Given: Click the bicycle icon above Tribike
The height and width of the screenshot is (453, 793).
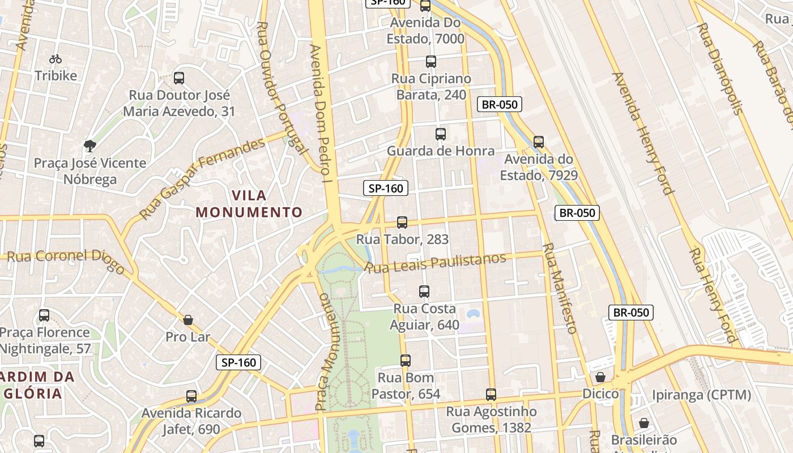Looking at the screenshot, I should pyautogui.click(x=56, y=59).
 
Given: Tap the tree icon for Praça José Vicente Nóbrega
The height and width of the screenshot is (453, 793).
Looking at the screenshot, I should pyautogui.click(x=89, y=146).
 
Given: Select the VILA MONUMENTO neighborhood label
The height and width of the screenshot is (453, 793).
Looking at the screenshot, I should pyautogui.click(x=249, y=204).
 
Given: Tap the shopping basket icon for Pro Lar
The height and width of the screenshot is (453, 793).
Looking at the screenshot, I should pyautogui.click(x=188, y=320).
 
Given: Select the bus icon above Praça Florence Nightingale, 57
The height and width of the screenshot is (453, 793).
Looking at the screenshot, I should pyautogui.click(x=44, y=315).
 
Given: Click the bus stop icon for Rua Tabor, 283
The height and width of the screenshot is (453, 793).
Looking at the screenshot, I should pyautogui.click(x=402, y=223).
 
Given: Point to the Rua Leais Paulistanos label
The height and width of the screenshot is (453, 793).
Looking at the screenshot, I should pyautogui.click(x=436, y=263).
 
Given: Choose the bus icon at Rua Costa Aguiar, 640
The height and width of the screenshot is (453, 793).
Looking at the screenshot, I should pyautogui.click(x=424, y=292).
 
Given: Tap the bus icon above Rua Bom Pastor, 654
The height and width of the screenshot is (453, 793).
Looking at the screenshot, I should pyautogui.click(x=406, y=361).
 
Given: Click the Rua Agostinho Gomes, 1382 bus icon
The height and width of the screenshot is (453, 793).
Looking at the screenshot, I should pyautogui.click(x=491, y=395).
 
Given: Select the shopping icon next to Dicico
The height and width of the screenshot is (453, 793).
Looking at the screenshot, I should pyautogui.click(x=600, y=377).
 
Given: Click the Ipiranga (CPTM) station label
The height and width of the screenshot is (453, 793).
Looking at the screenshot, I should pyautogui.click(x=701, y=395).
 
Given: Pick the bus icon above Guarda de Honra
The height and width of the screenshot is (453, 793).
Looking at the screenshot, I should pyautogui.click(x=441, y=134).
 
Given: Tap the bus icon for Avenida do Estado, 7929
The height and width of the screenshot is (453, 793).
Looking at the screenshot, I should pyautogui.click(x=539, y=142).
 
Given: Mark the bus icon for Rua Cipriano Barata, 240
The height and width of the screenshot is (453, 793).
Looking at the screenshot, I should pyautogui.click(x=431, y=62).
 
